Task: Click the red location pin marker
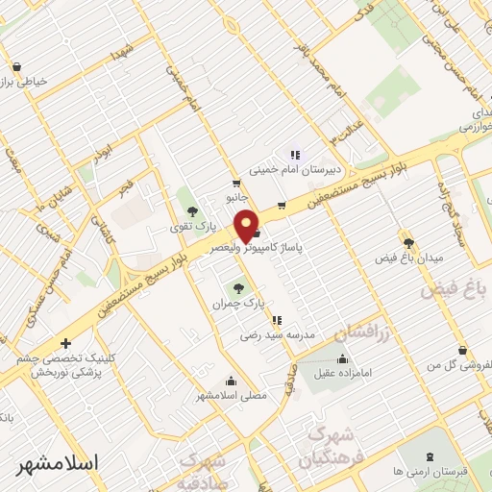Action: pyautogui.click(x=247, y=225)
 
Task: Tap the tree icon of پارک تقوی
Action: pyautogui.click(x=192, y=210)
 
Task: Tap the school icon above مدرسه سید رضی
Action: pyautogui.click(x=277, y=320)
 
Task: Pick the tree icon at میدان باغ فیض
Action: pyautogui.click(x=409, y=242)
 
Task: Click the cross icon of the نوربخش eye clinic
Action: pyautogui.click(x=65, y=343)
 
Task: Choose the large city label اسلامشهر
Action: pyautogui.click(x=58, y=462)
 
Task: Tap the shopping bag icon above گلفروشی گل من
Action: pyautogui.click(x=463, y=350)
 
